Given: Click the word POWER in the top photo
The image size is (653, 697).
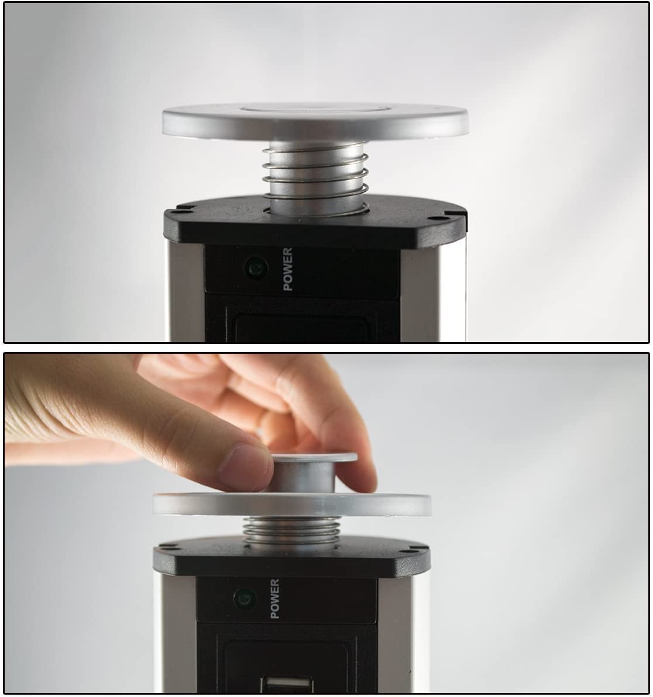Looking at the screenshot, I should tap(287, 269).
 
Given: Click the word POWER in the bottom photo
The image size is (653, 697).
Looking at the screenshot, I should tap(274, 599).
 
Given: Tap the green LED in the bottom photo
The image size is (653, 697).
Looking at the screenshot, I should tap(244, 598).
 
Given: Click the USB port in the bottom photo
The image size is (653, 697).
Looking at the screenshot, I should tap(287, 685).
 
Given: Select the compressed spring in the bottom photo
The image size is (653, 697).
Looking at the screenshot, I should tap(291, 529).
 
